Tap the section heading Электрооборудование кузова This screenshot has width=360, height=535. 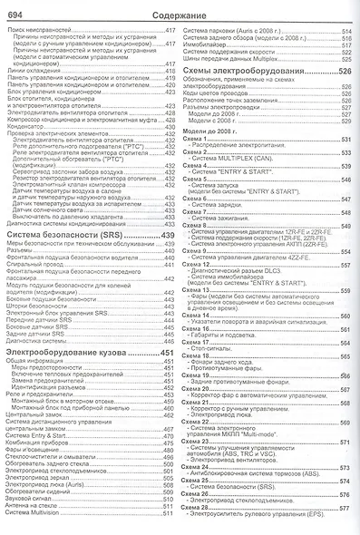pos(63,352)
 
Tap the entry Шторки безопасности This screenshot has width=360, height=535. pos(36,331)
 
